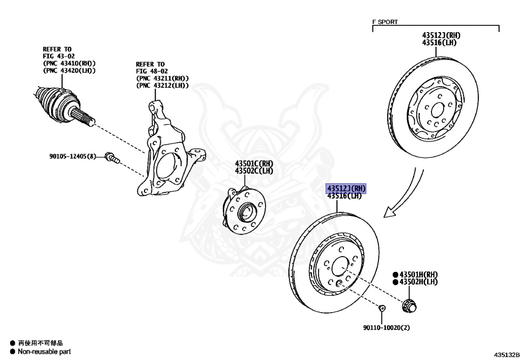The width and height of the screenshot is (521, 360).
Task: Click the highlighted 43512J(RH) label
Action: (x=346, y=188)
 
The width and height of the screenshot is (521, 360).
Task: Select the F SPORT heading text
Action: (x=385, y=22)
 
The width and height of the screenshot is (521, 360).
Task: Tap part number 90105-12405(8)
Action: (x=72, y=156)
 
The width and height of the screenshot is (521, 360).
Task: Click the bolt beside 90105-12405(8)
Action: (x=112, y=157)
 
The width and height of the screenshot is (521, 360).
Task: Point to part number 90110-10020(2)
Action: (x=387, y=328)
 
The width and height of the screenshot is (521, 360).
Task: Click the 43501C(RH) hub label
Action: (x=254, y=163)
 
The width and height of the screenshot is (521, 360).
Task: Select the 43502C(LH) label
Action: (x=254, y=171)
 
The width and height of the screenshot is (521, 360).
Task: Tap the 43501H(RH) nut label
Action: (x=418, y=274)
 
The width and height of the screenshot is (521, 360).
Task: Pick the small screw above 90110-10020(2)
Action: (x=382, y=308)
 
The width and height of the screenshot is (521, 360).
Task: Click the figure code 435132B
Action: (x=506, y=355)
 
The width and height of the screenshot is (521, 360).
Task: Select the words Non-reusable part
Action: (x=44, y=351)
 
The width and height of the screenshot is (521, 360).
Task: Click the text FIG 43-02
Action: (x=59, y=56)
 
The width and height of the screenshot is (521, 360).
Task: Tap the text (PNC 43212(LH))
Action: (x=162, y=86)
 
